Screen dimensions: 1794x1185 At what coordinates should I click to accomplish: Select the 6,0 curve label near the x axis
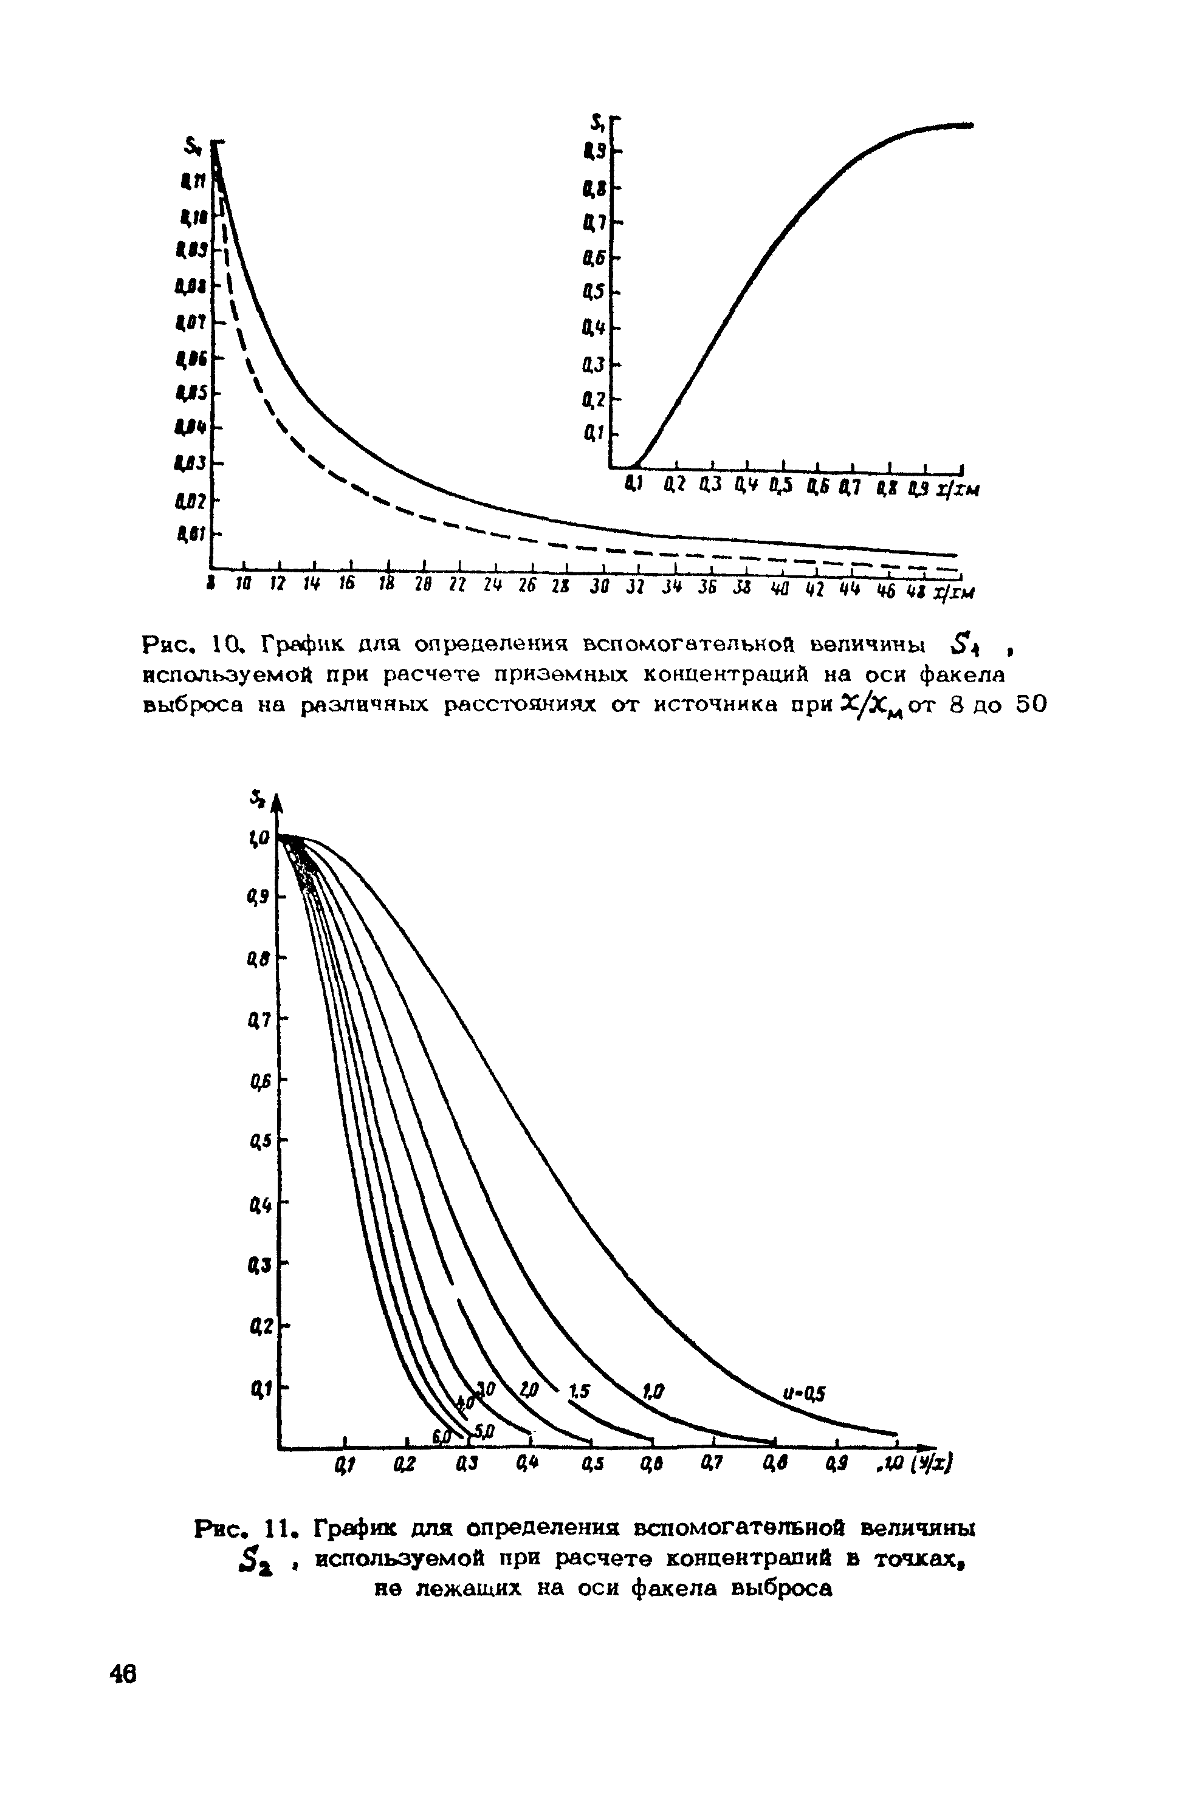click(x=441, y=1434)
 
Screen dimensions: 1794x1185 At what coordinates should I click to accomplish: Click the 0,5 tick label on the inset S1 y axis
click(x=593, y=292)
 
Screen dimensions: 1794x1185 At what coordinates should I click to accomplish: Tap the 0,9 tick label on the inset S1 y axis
click(x=594, y=152)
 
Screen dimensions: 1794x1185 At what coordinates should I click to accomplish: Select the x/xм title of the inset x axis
click(x=957, y=490)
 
